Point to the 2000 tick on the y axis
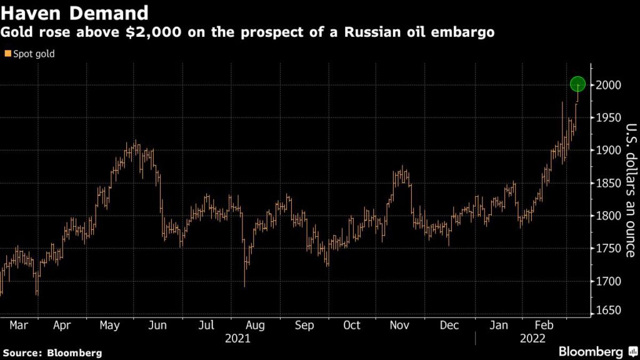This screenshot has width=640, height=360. pyautogui.click(x=608, y=85)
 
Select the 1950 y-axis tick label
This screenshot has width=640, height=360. pyautogui.click(x=608, y=117)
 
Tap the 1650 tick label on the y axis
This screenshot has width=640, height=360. pyautogui.click(x=608, y=312)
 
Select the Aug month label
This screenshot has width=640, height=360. pyautogui.click(x=255, y=325)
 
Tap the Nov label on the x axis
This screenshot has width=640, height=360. pyautogui.click(x=401, y=325)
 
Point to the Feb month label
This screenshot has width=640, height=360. pyautogui.click(x=543, y=325)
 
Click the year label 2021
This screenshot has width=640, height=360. pyautogui.click(x=237, y=338)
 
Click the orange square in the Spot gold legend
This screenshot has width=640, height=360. pyautogui.click(x=7, y=54)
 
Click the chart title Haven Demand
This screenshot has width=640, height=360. pyautogui.click(x=74, y=12)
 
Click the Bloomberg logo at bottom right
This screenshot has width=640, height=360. pyautogui.click(x=591, y=351)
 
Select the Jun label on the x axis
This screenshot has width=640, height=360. pyautogui.click(x=158, y=325)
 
